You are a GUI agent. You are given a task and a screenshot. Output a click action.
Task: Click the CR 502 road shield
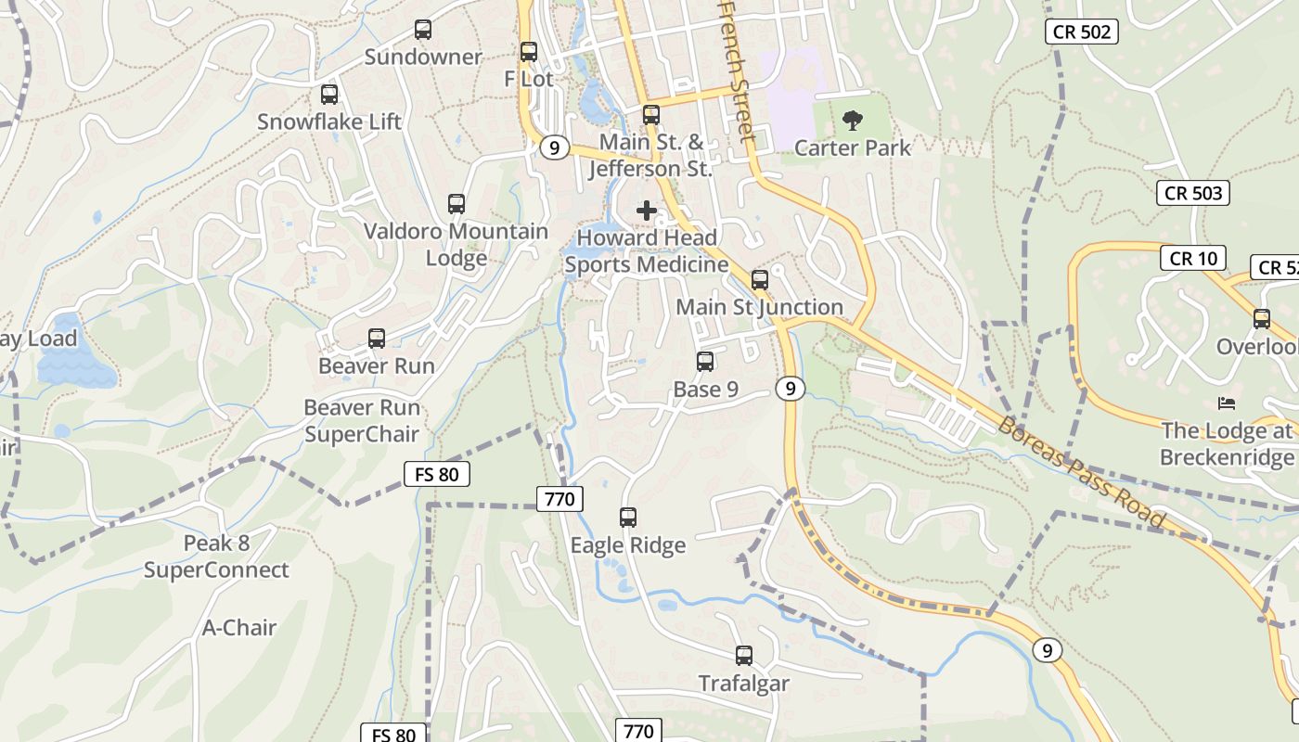[x=1082, y=32]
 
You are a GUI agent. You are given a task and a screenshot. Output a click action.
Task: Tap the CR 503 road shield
[x=1193, y=193]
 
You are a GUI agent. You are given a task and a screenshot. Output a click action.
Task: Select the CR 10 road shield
[x=1193, y=259]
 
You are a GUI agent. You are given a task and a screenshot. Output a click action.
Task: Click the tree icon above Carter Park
[x=852, y=120]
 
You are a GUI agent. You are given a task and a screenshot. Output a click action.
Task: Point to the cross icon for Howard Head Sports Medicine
[x=647, y=211]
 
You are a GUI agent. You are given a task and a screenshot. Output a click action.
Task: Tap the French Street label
[x=738, y=70]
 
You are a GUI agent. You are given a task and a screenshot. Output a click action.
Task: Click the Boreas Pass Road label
[x=1082, y=473]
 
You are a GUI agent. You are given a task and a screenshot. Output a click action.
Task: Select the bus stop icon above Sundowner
[x=423, y=30]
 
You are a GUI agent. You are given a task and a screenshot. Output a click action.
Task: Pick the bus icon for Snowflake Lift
[x=329, y=95]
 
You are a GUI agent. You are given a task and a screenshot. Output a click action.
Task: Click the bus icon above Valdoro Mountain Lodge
[x=456, y=204]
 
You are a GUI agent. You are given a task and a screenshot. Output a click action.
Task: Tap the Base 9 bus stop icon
[x=705, y=362]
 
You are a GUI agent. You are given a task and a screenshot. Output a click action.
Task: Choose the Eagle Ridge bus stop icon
[x=628, y=518]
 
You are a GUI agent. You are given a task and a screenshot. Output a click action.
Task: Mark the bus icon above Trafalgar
[x=743, y=656]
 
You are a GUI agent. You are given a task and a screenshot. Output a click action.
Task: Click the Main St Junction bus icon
[x=760, y=279]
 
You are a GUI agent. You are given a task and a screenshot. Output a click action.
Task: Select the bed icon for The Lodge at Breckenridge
[x=1227, y=403]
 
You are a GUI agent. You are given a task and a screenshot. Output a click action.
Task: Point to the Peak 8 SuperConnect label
[x=216, y=556]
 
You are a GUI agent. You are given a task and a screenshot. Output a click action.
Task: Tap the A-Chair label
[x=239, y=628]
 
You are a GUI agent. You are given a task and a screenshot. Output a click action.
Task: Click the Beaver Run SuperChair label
[x=362, y=420]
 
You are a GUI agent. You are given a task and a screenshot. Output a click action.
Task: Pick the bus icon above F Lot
[x=529, y=52]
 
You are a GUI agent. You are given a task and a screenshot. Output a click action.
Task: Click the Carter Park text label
[x=853, y=147]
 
